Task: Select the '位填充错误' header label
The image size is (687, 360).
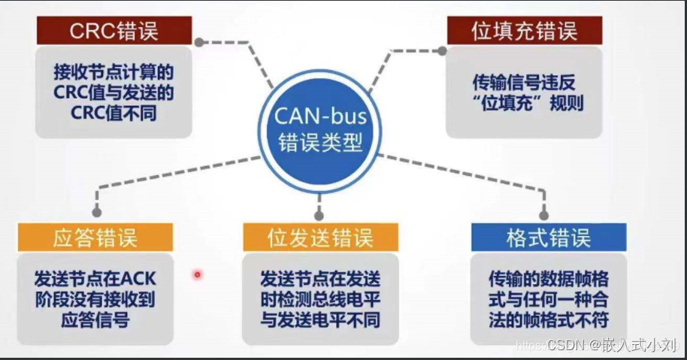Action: (x=523, y=32)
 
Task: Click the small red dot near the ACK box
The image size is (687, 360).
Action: (x=198, y=274)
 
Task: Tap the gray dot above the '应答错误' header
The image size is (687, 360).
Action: (x=96, y=212)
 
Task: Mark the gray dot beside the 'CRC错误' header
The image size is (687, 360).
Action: (x=198, y=42)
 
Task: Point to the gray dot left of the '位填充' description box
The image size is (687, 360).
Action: (x=442, y=51)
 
